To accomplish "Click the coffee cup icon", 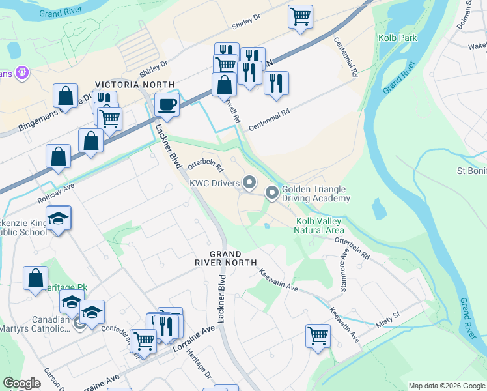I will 167,104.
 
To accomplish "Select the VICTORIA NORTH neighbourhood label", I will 135,85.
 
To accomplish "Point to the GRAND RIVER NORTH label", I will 225,258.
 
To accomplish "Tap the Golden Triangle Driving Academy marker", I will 271,192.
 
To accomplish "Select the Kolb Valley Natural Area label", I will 318,225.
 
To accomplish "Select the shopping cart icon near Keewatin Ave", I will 318,336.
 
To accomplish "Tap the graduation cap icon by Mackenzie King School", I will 59,218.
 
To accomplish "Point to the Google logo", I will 21,383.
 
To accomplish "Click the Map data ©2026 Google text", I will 446,386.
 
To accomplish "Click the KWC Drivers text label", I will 214,183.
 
